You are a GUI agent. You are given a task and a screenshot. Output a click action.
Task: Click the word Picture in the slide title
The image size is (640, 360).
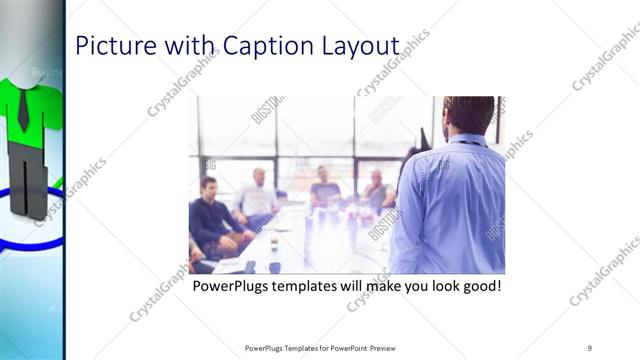(109, 46)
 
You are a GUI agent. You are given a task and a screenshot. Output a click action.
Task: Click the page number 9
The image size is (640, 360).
(589, 347)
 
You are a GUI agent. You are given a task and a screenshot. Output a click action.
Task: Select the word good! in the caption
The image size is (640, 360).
(477, 287)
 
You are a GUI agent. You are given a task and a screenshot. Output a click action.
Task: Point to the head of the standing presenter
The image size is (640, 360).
(467, 115)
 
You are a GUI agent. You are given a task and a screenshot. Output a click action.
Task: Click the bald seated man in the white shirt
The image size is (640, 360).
(258, 196)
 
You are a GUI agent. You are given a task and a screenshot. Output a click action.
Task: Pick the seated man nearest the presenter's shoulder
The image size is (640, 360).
(378, 190)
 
